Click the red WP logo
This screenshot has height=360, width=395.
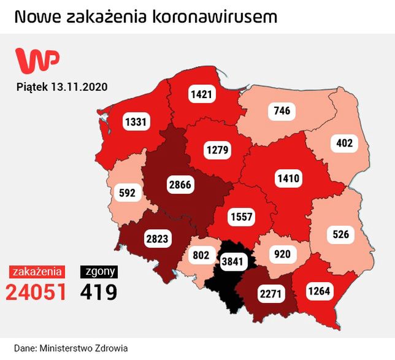point(37,60)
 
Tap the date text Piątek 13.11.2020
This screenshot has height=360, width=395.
point(62,86)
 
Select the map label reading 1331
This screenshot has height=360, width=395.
point(135,121)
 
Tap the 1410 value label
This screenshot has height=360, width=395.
point(287,179)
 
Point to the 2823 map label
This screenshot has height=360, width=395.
point(157,239)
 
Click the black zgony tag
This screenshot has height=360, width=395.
point(98,271)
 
